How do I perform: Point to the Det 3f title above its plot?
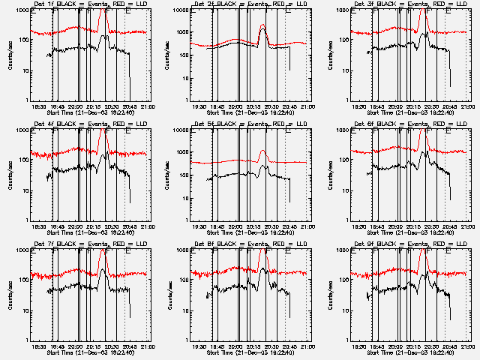click(409, 4)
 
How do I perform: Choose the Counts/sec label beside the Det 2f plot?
click(170, 55)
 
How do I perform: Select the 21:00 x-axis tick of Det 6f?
click(466, 226)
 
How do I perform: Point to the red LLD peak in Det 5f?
click(262, 151)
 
